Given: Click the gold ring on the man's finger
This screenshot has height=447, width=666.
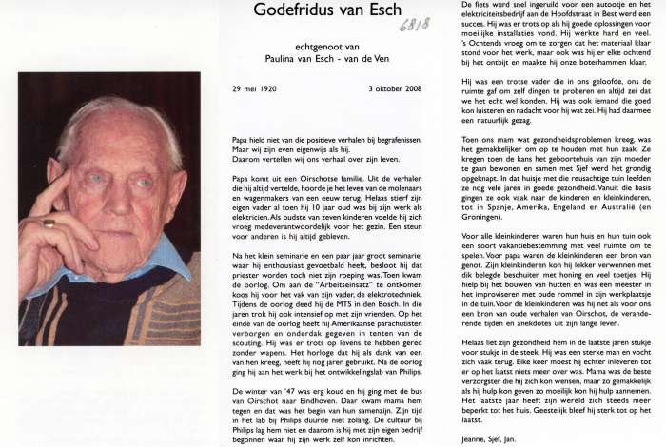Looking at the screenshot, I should (49, 223).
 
